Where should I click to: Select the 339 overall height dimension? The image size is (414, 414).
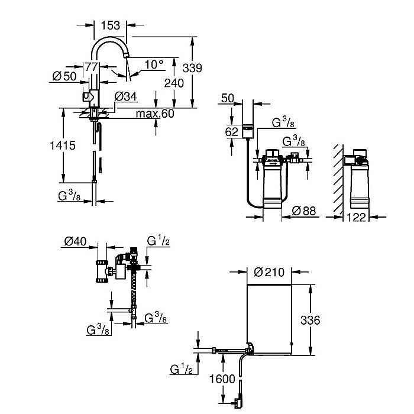tap(192, 69)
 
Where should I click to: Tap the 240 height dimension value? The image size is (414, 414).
tap(174, 83)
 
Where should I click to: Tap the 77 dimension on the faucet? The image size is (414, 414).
tap(90, 67)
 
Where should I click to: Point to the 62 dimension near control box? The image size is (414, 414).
tap(232, 131)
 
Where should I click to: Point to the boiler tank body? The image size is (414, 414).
tap(270, 319)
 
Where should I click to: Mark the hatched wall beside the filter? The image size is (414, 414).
tap(336, 177)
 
